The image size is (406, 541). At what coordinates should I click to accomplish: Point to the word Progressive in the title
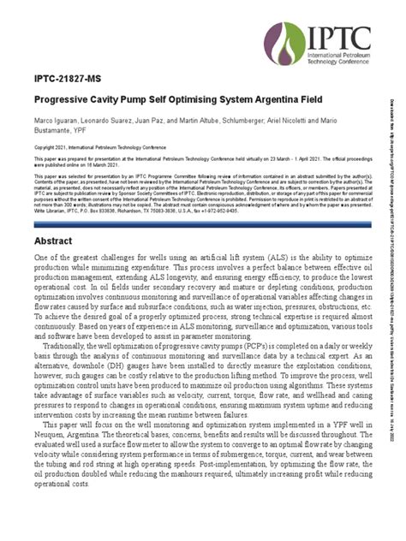coord(64,99)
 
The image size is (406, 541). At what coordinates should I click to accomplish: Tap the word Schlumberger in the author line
coord(241,123)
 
